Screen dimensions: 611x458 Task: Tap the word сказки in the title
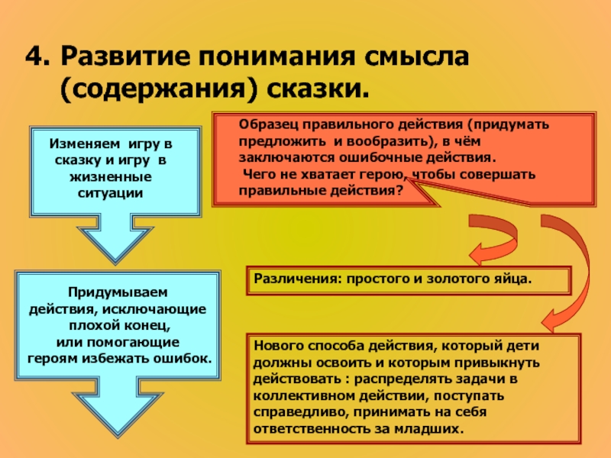[x=312, y=88]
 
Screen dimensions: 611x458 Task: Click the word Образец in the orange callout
[x=264, y=124]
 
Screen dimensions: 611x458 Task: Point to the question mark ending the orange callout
[x=399, y=192]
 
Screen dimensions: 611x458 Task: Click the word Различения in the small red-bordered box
[x=294, y=279]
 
